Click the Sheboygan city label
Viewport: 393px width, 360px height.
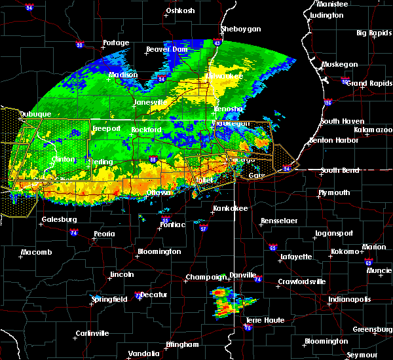pyautogui.click(x=241, y=29)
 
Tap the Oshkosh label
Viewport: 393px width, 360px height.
pyautogui.click(x=180, y=10)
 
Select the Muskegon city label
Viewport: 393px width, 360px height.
pyautogui.click(x=339, y=65)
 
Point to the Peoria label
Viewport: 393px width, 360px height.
pyautogui.click(x=104, y=234)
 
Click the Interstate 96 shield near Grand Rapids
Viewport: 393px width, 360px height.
pyautogui.click(x=329, y=103)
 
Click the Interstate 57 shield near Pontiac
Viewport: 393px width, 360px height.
pyautogui.click(x=204, y=228)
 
